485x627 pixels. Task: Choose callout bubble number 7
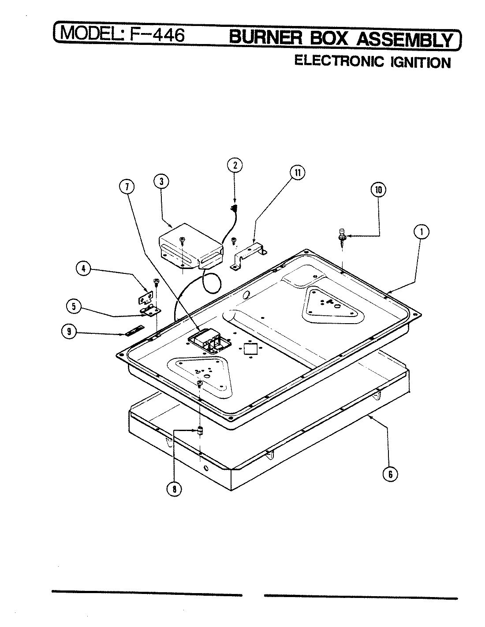click(x=127, y=187)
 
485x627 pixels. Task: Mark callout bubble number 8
click(x=174, y=489)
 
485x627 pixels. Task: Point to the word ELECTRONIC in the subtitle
click(x=339, y=61)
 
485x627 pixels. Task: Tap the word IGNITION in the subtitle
click(x=420, y=62)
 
